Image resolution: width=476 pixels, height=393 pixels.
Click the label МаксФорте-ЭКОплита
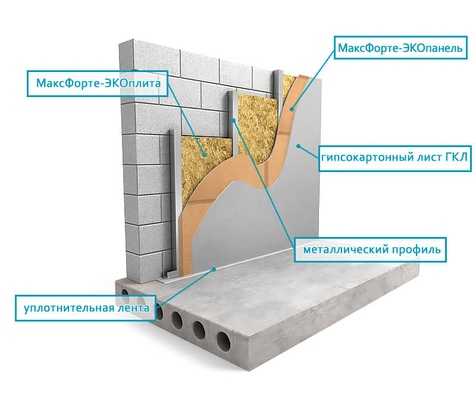[x=98, y=84]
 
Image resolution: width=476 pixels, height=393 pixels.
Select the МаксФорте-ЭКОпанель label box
[x=400, y=48]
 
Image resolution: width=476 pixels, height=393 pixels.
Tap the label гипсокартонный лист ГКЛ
[x=394, y=158]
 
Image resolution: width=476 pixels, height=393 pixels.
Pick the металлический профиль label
[x=370, y=249]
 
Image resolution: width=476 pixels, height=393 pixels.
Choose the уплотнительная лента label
[x=86, y=308]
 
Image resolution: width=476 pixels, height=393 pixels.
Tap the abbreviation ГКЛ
[x=456, y=157]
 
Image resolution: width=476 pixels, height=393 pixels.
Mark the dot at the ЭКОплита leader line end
[x=205, y=155]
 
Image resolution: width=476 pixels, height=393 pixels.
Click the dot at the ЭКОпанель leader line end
[x=292, y=109]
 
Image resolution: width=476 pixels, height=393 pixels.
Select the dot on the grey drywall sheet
[x=299, y=146]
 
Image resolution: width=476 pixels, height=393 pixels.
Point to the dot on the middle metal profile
[x=233, y=120]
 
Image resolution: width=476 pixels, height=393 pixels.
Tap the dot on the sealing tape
[x=214, y=269]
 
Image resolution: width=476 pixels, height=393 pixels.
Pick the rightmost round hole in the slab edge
[x=224, y=341]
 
